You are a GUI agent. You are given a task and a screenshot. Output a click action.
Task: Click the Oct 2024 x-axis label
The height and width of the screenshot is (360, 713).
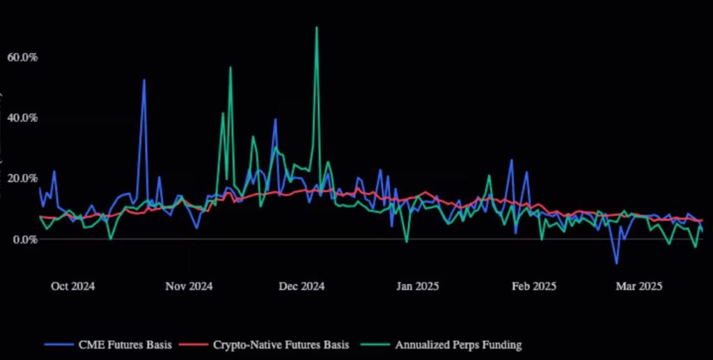coord(72,286)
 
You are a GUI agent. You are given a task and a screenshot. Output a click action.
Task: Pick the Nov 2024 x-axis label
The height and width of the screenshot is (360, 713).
coord(190,286)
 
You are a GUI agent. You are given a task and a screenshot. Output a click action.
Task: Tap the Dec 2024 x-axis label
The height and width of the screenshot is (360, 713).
coord(301,286)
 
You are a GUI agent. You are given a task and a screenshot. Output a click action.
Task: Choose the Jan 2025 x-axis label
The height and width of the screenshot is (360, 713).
coord(417,286)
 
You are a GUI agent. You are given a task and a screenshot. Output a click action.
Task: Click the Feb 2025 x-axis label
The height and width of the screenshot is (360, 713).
coord(533,286)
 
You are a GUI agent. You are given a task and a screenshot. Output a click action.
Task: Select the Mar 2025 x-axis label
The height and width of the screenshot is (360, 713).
coord(640,286)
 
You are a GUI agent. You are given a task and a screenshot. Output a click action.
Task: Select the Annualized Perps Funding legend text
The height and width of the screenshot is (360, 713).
coord(458,344)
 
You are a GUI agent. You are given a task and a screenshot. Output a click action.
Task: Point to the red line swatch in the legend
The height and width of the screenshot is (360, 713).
coord(194,344)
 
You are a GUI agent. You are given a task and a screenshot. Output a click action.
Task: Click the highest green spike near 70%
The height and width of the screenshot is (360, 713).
coord(316,28)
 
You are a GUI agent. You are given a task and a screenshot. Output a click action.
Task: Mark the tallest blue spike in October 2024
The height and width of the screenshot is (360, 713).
coord(144,80)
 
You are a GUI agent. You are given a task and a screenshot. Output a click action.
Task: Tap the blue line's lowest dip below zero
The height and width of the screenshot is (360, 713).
coord(616,263)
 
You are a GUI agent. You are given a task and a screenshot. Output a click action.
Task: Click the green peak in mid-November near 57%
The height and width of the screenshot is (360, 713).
coord(230,68)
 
